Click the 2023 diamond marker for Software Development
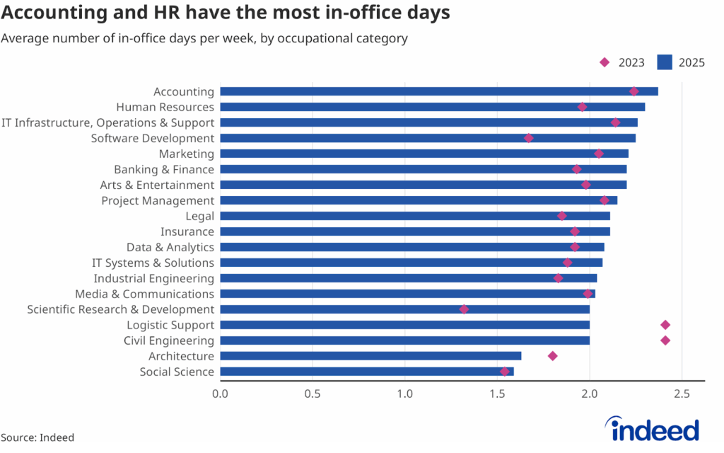click(528, 138)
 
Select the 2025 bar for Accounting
click(438, 91)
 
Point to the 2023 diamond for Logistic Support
click(665, 325)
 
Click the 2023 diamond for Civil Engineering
click(665, 340)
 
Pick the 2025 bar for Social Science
click(366, 372)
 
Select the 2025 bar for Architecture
click(370, 356)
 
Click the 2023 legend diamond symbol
click(605, 62)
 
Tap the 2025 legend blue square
click(664, 62)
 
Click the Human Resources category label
click(165, 107)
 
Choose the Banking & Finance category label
click(163, 169)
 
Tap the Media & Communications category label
click(144, 294)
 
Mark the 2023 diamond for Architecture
click(553, 356)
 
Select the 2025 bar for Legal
click(414, 216)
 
